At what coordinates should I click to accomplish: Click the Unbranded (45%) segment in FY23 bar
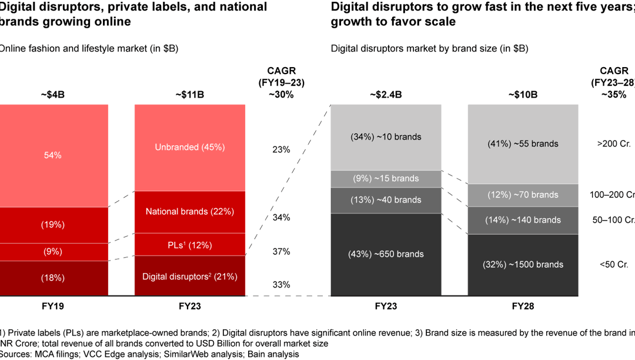tap(189, 147)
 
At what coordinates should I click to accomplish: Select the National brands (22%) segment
tap(189, 211)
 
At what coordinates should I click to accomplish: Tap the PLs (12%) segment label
tap(189, 245)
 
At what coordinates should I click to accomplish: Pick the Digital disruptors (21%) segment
tap(189, 276)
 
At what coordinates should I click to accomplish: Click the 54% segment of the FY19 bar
tap(52, 155)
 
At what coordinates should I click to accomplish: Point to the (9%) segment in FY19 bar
tap(52, 252)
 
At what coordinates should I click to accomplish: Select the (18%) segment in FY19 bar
tap(52, 278)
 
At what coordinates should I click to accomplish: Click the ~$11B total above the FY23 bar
tap(189, 94)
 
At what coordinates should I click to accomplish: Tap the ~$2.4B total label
tap(386, 94)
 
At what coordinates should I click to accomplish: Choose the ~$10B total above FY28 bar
tap(523, 94)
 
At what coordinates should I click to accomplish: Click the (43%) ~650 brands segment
tap(386, 254)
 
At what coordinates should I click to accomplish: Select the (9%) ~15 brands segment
tap(386, 178)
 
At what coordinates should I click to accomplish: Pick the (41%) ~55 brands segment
tap(523, 144)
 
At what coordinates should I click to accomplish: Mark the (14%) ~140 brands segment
tap(523, 220)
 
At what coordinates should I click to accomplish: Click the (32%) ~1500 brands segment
tap(523, 264)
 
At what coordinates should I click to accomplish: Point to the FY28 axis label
tap(523, 306)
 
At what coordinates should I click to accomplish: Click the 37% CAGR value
tap(281, 251)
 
